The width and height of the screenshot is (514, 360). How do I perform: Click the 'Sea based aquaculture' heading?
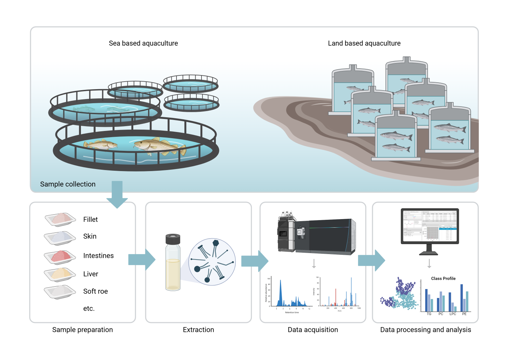pyautogui.click(x=143, y=43)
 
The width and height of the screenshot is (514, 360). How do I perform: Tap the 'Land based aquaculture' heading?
pyautogui.click(x=364, y=43)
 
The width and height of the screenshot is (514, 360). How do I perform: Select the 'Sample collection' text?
pyautogui.click(x=68, y=184)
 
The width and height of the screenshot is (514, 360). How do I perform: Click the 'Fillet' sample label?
pyautogui.click(x=90, y=219)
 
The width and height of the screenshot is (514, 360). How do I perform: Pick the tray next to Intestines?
pyautogui.click(x=60, y=257)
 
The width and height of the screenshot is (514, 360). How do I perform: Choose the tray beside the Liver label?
pyautogui.click(x=60, y=274)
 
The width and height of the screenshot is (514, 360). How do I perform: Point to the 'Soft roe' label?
pyautogui.click(x=95, y=291)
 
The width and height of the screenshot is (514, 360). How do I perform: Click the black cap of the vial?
pyautogui.click(x=173, y=239)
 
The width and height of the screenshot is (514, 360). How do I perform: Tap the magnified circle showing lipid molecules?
pyautogui.click(x=212, y=262)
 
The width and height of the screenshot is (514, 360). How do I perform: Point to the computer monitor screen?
pyautogui.click(x=430, y=226)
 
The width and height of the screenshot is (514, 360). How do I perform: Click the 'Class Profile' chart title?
pyautogui.click(x=443, y=278)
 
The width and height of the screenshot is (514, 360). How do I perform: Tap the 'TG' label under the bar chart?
pyautogui.click(x=429, y=314)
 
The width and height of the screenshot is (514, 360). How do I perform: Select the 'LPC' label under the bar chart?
pyautogui.click(x=453, y=314)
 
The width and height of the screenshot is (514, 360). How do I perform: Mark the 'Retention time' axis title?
pyautogui.click(x=292, y=312)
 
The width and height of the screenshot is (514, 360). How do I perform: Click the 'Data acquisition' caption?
pyautogui.click(x=313, y=329)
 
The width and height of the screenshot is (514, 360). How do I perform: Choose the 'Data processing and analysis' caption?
pyautogui.click(x=426, y=329)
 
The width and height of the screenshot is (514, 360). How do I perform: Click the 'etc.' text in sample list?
pyautogui.click(x=89, y=308)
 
